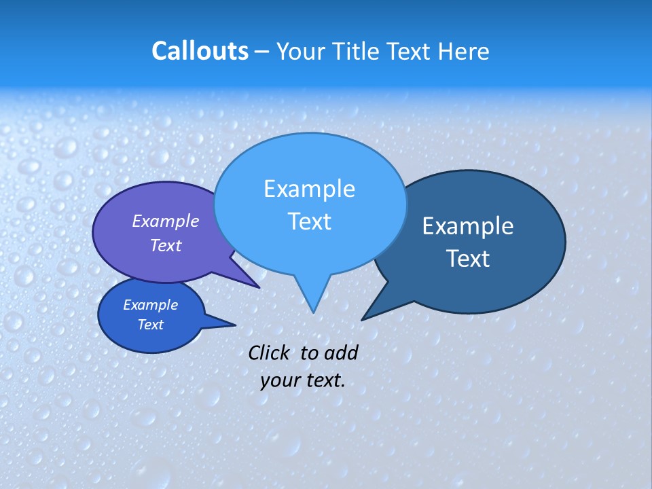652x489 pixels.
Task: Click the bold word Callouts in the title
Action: pos(200,51)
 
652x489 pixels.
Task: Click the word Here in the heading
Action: pos(464,51)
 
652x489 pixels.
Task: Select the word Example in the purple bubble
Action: pos(166,221)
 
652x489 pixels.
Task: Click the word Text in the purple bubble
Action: pos(166,245)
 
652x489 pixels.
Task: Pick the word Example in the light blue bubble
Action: pos(309,189)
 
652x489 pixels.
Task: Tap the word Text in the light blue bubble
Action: pos(309,221)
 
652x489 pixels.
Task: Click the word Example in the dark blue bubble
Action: pos(468,226)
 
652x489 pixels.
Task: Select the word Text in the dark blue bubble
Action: pos(468,259)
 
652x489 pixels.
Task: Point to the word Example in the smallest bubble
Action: pos(150,305)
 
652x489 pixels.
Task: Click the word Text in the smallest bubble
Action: pos(150,325)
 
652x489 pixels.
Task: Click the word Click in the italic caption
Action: pos(270,352)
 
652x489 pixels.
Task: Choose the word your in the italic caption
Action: pos(280,380)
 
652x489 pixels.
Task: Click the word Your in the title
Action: pos(300,51)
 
